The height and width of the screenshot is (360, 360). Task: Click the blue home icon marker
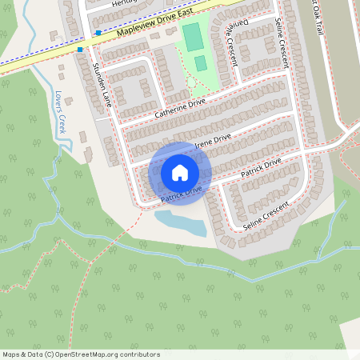tap(180, 172)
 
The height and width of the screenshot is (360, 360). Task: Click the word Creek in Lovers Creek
tap(62, 124)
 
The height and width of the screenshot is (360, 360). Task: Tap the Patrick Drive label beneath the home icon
tap(181, 194)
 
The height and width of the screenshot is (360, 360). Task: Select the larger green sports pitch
tap(193, 36)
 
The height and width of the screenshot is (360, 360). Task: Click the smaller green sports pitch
tap(200, 62)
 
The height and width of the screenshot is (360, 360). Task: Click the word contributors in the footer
tap(137, 354)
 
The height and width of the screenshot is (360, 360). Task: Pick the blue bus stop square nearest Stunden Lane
tap(80, 50)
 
